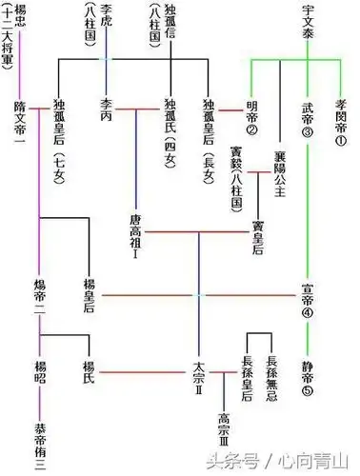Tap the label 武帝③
(307, 117)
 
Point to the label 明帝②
(253, 117)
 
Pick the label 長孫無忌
(272, 370)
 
